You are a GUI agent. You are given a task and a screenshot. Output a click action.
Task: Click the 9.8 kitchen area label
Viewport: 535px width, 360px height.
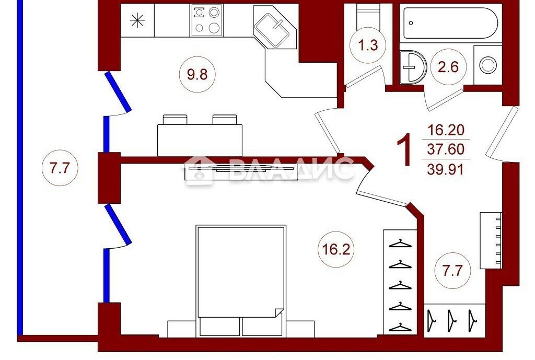(197, 74)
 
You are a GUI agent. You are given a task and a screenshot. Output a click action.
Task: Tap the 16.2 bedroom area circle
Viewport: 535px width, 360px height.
(336, 249)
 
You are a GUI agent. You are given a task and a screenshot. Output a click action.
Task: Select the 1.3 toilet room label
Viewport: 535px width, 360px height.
(368, 45)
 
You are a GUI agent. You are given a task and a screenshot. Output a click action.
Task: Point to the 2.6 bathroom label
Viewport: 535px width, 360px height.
(448, 66)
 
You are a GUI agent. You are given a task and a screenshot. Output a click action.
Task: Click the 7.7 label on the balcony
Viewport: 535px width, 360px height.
(60, 168)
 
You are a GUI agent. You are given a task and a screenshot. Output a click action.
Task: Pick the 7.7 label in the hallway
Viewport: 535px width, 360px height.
(452, 271)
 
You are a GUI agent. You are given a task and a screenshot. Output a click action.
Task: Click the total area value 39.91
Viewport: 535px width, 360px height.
(446, 169)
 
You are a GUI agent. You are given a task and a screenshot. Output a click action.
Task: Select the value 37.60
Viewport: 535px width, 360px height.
(446, 149)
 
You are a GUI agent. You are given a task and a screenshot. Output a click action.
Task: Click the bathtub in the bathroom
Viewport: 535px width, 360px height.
(450, 23)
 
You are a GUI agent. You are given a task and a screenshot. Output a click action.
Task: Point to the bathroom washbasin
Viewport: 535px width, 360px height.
(413, 67)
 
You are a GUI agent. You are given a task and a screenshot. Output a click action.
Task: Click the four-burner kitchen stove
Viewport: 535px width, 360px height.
(206, 20)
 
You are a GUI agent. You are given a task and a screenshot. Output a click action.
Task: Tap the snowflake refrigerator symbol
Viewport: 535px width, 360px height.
(137, 20)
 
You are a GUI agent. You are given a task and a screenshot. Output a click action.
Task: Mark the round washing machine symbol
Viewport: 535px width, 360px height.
(488, 65)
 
